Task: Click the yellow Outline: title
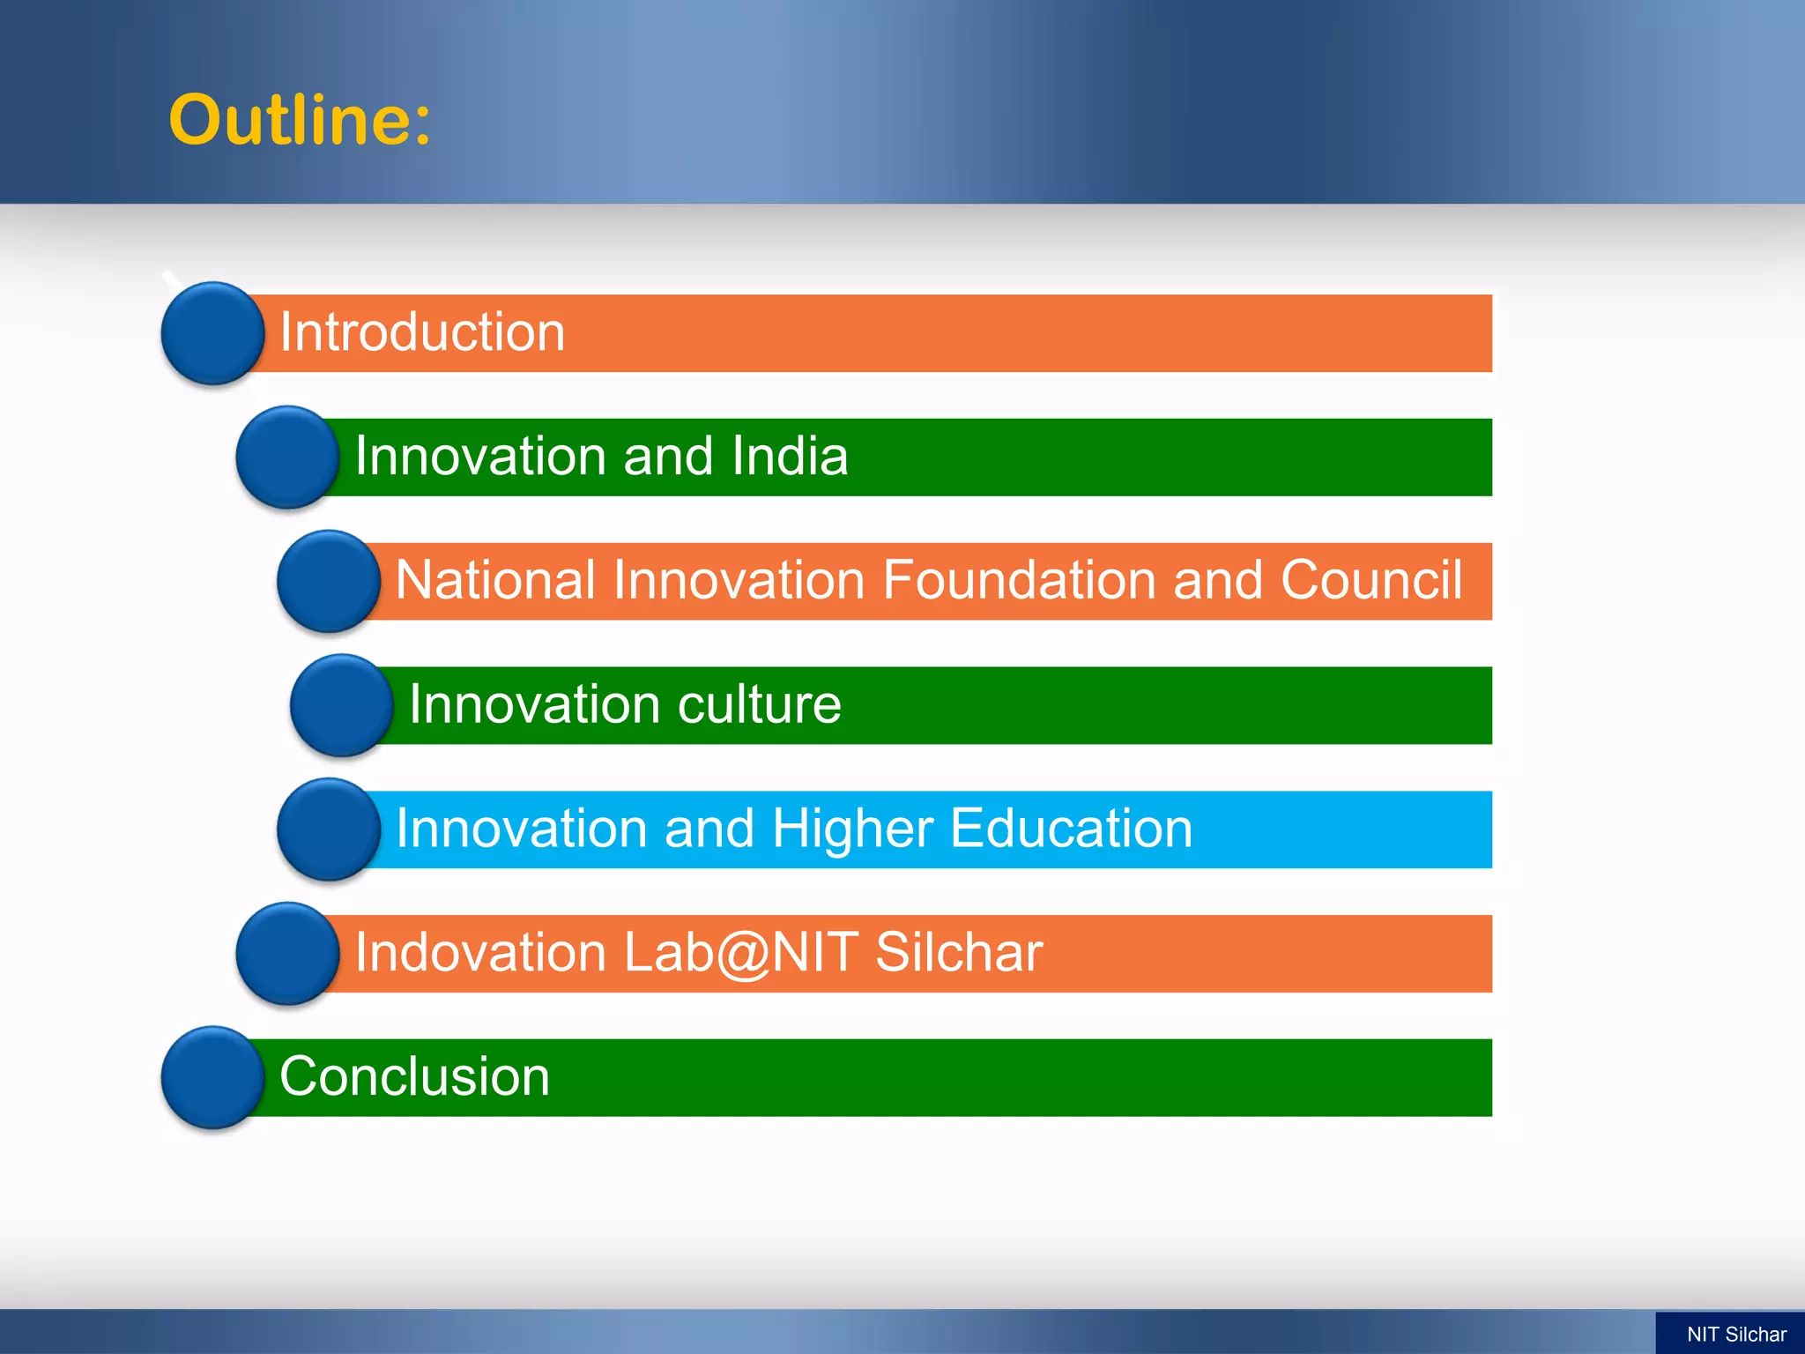(x=300, y=120)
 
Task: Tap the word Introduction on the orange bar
(x=421, y=332)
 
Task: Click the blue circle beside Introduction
(x=212, y=333)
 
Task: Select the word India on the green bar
(x=790, y=456)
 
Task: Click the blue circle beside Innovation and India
(x=287, y=457)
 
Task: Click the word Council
(x=1371, y=580)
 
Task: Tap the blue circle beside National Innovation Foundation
(x=328, y=581)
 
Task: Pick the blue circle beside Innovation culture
(x=341, y=705)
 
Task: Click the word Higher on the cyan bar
(x=852, y=829)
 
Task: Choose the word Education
(x=1071, y=829)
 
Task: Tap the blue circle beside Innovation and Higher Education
(x=328, y=830)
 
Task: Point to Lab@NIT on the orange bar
(x=740, y=953)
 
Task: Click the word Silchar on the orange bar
(x=959, y=953)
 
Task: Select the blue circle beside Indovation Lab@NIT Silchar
(x=287, y=954)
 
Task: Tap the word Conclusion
(x=414, y=1076)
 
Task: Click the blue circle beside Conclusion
(x=212, y=1077)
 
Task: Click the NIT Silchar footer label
(x=1735, y=1334)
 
